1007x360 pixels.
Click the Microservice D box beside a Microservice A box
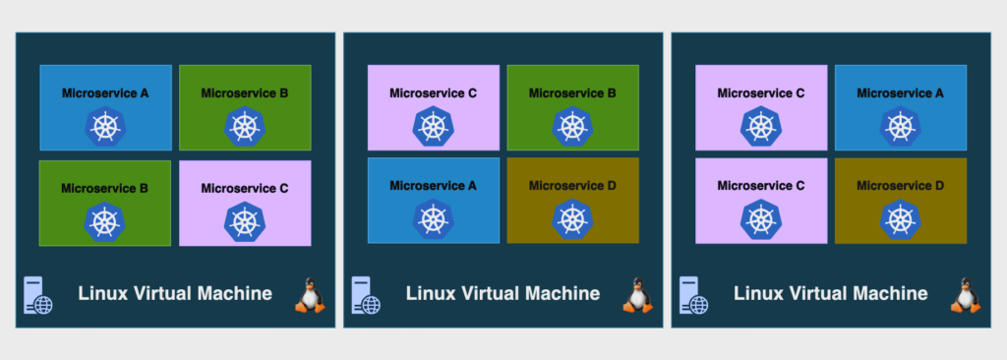point(573,201)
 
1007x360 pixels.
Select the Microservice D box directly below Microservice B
point(573,201)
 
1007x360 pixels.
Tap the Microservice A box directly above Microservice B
point(105,107)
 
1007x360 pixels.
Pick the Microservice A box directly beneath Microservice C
point(434,201)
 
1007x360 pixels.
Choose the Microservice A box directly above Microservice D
point(901,107)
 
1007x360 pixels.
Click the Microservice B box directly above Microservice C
point(245,107)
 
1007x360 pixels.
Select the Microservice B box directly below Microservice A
point(104,204)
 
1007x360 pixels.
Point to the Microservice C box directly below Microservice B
point(245,204)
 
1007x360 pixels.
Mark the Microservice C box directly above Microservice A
point(434,107)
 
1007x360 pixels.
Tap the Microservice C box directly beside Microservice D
point(761,201)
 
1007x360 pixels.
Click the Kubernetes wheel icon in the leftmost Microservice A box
point(105,126)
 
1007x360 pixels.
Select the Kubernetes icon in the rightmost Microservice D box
point(901,219)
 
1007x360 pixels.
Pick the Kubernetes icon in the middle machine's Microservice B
point(573,126)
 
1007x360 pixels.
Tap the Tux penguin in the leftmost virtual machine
point(310,295)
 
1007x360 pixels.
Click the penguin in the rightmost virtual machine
point(966,295)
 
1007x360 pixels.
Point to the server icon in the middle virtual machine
point(366,295)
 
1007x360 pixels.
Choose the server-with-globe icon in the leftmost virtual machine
point(38,295)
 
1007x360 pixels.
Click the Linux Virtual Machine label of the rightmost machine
point(830,294)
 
